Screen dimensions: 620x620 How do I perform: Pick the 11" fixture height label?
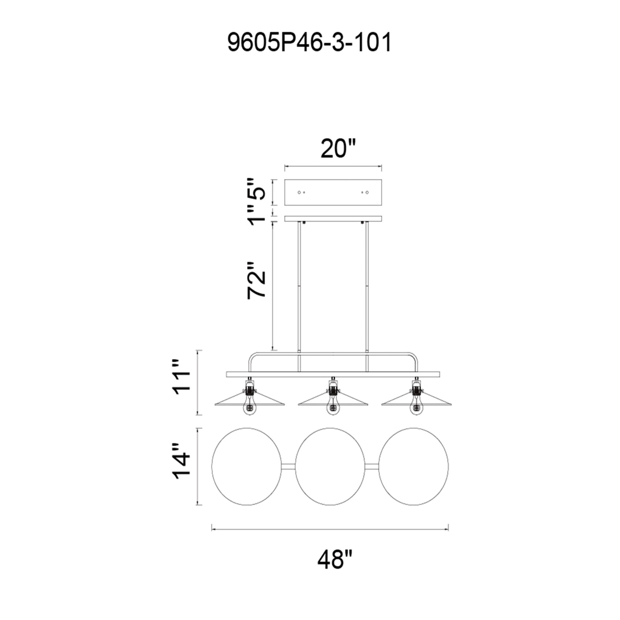(181, 382)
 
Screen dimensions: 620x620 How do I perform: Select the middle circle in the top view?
(295, 466)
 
